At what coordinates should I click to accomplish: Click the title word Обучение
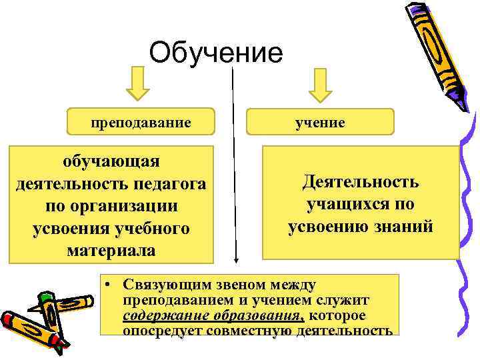(216, 52)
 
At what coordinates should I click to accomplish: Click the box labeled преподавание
(141, 122)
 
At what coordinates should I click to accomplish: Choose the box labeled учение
(321, 122)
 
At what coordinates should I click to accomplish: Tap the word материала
(111, 251)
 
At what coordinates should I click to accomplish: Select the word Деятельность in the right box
(360, 182)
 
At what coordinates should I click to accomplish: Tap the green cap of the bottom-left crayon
(46, 295)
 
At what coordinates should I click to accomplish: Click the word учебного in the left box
(154, 229)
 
